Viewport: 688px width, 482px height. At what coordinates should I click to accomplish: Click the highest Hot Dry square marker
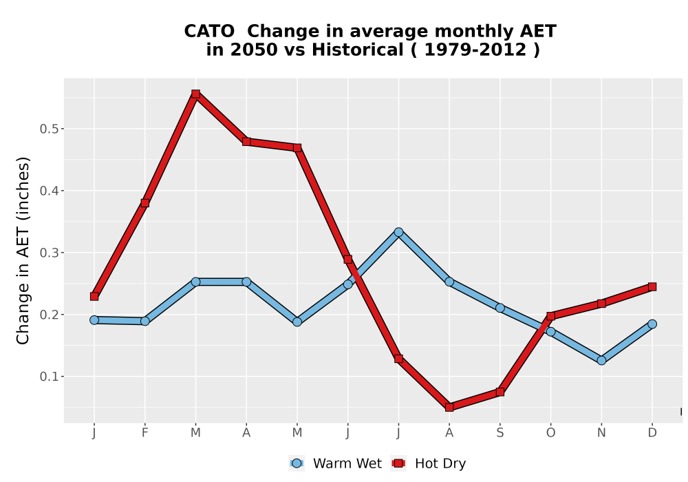195,94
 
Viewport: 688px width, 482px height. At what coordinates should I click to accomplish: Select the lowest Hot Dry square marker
449,408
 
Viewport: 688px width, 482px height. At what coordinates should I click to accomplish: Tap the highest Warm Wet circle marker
398,232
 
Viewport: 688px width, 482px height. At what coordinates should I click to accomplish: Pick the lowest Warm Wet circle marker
601,360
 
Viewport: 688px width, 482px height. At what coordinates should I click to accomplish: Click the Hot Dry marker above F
144,203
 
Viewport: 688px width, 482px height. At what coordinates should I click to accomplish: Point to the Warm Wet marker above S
499,308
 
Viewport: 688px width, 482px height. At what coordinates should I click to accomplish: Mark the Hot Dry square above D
652,286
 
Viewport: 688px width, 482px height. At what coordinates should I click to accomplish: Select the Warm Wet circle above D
652,324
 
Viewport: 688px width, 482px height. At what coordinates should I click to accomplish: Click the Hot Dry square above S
499,392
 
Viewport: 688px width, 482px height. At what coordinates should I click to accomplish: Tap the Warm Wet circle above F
144,321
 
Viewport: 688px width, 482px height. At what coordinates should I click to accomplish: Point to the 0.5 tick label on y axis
49,129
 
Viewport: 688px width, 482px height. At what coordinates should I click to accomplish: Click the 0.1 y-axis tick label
49,377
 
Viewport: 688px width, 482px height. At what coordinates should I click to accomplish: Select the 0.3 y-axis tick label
49,253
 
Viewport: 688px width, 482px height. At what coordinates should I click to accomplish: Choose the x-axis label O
550,433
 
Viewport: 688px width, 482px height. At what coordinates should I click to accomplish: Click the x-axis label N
601,433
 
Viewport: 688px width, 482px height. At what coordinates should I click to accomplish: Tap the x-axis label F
144,433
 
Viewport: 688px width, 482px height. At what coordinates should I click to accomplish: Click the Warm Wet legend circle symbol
297,463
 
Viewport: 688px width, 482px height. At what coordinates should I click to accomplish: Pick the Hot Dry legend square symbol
399,463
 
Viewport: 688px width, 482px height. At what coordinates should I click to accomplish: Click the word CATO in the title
209,32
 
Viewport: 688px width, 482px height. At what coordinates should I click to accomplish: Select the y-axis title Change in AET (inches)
23,251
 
